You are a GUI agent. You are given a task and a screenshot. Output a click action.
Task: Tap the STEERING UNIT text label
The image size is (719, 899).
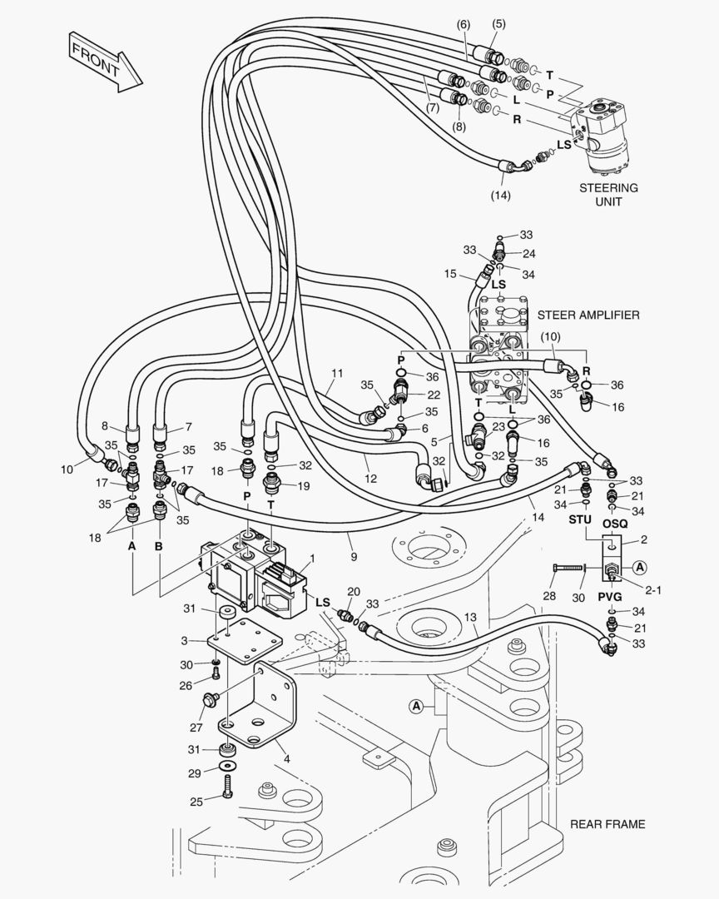(608, 194)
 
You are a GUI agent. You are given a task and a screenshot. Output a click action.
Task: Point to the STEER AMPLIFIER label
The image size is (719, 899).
(588, 315)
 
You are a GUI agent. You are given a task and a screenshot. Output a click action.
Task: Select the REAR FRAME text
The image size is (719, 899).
(607, 824)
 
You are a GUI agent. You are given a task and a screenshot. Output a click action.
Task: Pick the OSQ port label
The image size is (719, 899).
(615, 523)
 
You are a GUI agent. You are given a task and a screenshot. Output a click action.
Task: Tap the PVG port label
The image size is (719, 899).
(610, 596)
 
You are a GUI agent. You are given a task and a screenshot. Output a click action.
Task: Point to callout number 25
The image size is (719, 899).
(196, 802)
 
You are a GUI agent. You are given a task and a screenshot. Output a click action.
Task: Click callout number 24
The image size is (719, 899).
(529, 253)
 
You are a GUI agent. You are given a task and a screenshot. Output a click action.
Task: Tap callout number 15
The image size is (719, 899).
(450, 274)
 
